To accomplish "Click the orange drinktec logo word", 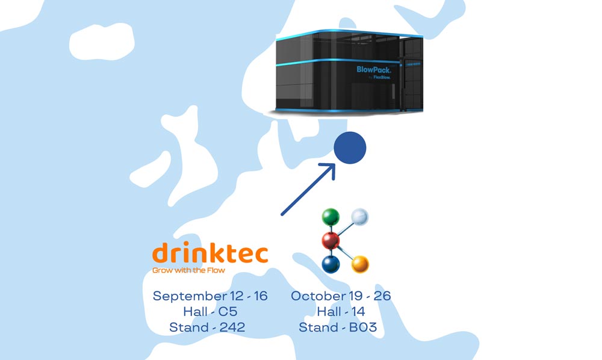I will [x=210, y=254].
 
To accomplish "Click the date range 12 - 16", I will [x=248, y=296].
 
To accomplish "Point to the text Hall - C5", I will [x=210, y=312].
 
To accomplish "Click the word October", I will [x=318, y=296].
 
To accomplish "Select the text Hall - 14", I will [x=341, y=312].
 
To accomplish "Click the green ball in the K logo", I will [x=330, y=217].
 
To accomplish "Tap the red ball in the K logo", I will [x=330, y=241].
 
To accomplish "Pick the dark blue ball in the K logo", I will [x=330, y=264].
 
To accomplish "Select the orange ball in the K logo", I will [x=360, y=264].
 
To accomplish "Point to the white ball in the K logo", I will [x=359, y=217].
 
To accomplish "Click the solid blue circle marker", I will [x=350, y=148].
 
